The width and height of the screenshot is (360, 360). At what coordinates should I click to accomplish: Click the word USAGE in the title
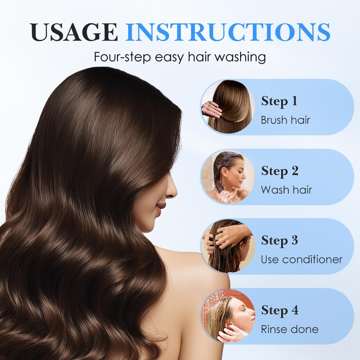(74, 32)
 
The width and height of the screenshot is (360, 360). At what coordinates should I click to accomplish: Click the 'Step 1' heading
(279, 101)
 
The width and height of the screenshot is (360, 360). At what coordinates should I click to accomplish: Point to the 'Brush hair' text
(285, 120)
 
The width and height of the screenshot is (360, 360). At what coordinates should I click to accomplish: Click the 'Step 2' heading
(280, 171)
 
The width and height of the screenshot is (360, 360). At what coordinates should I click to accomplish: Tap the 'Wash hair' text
(286, 190)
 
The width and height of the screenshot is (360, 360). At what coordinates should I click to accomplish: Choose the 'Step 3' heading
(279, 240)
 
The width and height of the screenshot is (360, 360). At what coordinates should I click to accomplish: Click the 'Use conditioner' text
(301, 260)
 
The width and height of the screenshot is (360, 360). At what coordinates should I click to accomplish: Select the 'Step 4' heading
(280, 310)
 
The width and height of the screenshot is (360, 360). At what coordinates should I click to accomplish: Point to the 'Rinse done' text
(289, 329)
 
